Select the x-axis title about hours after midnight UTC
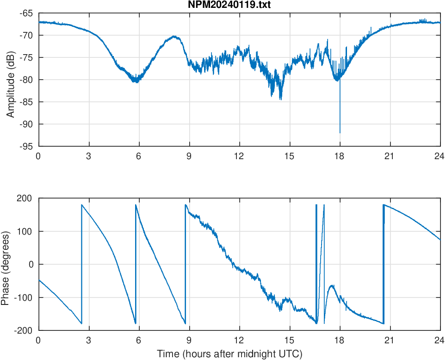(x=229, y=354)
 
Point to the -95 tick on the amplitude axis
(x=26, y=146)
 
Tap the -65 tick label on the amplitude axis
(x=26, y=13)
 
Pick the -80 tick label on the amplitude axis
(x=26, y=80)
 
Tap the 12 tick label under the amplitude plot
(x=239, y=156)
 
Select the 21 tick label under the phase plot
(x=390, y=340)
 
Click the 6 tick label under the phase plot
(x=139, y=340)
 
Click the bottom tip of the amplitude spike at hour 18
(x=340, y=133)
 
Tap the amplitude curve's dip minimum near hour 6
(x=136, y=81)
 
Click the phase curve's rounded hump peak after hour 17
(x=332, y=286)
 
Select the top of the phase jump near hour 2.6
(x=81, y=205)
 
